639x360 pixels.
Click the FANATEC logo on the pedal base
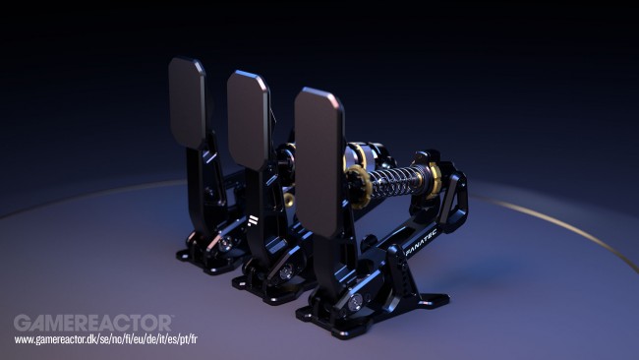(x=422, y=242)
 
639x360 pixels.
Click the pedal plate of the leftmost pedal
(x=187, y=102)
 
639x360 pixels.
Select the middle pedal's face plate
(x=248, y=119)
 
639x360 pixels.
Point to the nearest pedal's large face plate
(x=319, y=162)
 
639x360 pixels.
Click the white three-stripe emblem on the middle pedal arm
(x=253, y=220)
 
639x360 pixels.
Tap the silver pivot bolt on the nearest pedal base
(x=355, y=301)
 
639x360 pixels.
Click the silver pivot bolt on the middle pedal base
(x=286, y=271)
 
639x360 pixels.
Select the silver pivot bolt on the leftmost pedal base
(x=225, y=243)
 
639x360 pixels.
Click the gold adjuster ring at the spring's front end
(x=359, y=186)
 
